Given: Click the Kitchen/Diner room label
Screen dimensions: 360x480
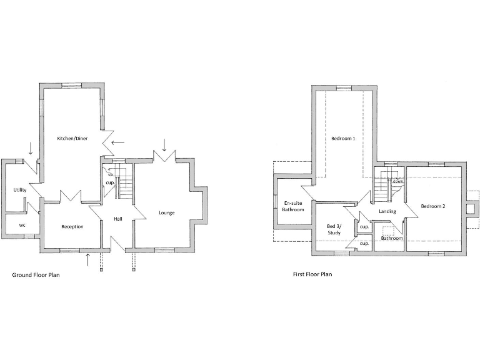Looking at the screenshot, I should point(72,138).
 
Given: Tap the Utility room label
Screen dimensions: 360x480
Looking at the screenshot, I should point(19,189).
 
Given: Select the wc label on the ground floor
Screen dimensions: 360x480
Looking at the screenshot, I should point(22,224).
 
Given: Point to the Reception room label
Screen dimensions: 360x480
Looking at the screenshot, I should point(72,226).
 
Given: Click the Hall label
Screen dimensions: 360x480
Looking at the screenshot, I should point(117,219).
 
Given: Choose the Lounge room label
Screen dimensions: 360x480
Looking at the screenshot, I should point(166,212).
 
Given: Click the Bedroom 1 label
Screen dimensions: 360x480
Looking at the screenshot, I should point(343,138).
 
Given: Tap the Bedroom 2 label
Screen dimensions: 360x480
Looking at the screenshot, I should point(432,206).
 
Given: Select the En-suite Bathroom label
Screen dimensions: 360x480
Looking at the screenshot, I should point(293,206).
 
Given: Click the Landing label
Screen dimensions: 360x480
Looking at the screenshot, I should point(387,211).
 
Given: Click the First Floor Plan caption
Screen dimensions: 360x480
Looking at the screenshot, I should point(312,274).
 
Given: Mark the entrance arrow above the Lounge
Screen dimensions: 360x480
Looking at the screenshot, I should point(164,145).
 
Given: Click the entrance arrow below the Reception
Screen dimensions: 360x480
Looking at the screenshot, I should point(87,259).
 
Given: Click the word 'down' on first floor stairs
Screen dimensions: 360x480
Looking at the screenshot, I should point(397,181).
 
